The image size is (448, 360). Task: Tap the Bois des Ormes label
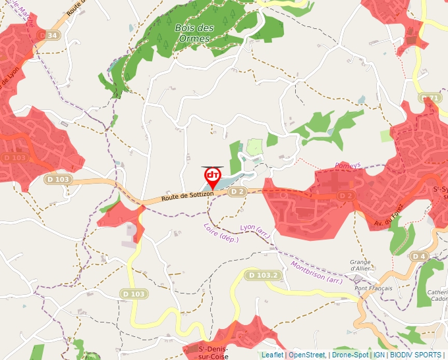click(194, 33)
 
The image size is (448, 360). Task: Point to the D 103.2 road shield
click(265, 274)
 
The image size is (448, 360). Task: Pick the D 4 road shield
click(419, 255)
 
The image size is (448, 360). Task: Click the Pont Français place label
click(373, 288)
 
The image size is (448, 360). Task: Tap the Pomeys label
click(349, 166)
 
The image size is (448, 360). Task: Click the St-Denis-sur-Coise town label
click(213, 352)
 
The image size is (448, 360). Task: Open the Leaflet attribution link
click(272, 355)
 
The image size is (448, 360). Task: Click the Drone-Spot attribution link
click(350, 355)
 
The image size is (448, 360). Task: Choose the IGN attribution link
click(379, 355)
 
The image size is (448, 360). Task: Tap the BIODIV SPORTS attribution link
click(415, 355)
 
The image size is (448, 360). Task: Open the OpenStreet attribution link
click(306, 355)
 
